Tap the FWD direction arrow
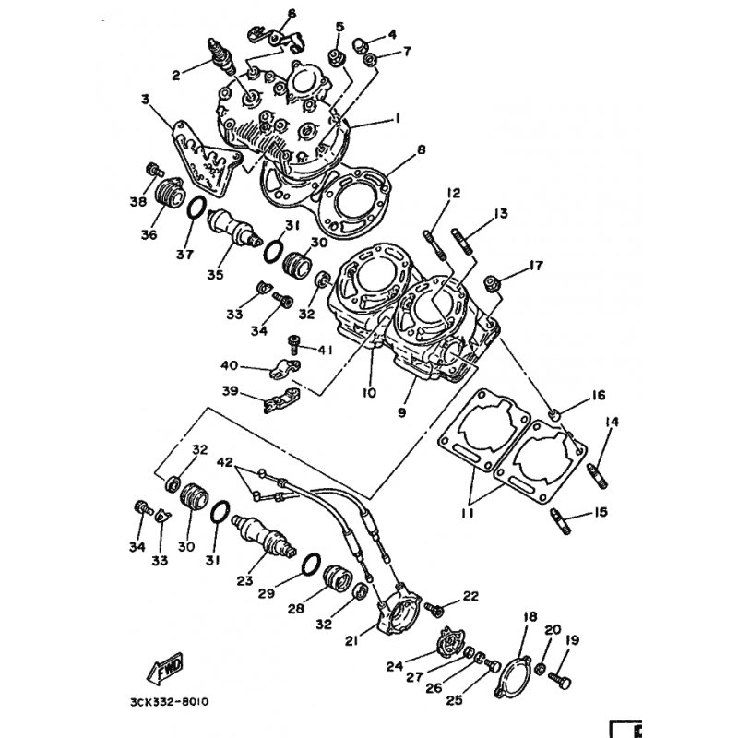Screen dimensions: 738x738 coord(166,668)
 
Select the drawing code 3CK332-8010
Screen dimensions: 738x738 coord(169,702)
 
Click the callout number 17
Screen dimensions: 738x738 coord(536,266)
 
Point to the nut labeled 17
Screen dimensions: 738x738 coord(493,284)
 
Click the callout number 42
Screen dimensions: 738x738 coord(225,462)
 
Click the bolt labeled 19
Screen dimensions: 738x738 coord(560,679)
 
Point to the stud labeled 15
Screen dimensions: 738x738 coord(560,522)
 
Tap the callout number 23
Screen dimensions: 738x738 coord(244,581)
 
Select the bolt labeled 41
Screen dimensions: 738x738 coord(293,344)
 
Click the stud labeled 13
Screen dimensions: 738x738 coord(462,242)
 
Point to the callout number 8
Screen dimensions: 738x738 coord(422,150)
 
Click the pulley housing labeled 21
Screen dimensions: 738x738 coord(396,610)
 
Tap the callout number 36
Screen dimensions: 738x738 coord(149,234)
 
